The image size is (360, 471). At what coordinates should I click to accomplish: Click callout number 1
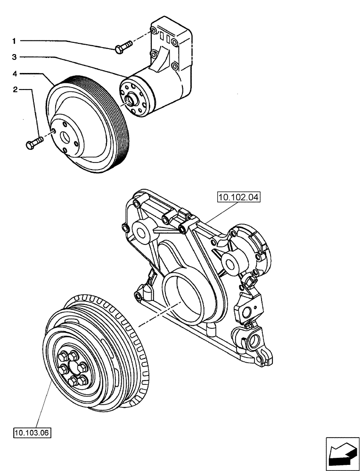pos(15,41)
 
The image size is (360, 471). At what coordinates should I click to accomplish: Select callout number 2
pos(15,89)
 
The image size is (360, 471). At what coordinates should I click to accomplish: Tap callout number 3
pos(15,57)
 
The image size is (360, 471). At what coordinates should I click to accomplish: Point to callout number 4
pos(15,73)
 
